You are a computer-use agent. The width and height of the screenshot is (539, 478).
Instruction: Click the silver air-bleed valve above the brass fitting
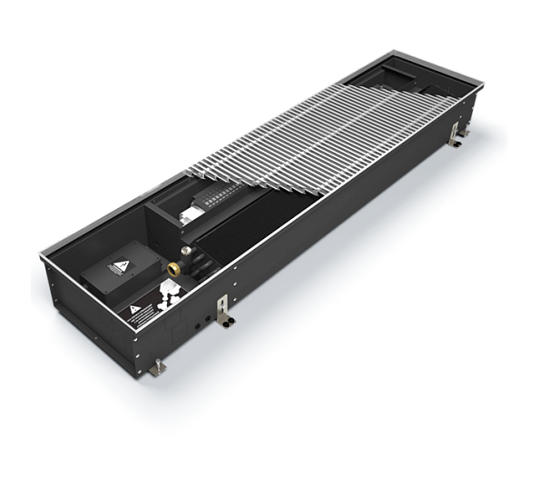coord(187,247)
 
